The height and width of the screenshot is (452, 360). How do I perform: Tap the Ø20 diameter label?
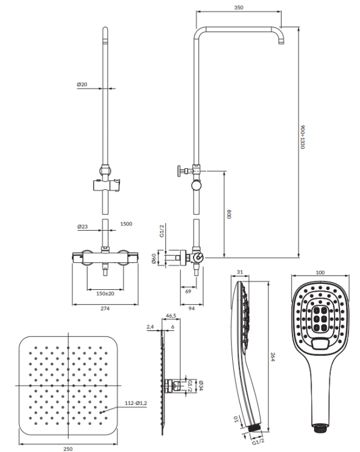click(82, 84)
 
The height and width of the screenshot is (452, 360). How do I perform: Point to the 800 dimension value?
click(229, 213)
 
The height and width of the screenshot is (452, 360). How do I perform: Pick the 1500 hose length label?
click(126, 224)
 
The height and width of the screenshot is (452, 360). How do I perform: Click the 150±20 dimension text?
click(106, 293)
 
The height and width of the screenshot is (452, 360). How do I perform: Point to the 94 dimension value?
click(192, 309)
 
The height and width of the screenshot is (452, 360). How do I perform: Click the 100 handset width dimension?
click(320, 272)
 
